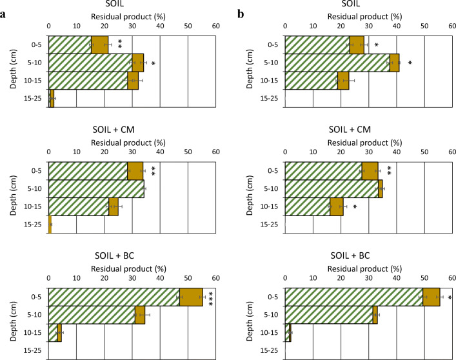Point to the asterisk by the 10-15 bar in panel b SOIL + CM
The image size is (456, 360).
355,207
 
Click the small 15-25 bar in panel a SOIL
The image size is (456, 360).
51,98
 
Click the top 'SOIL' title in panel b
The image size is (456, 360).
369,5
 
